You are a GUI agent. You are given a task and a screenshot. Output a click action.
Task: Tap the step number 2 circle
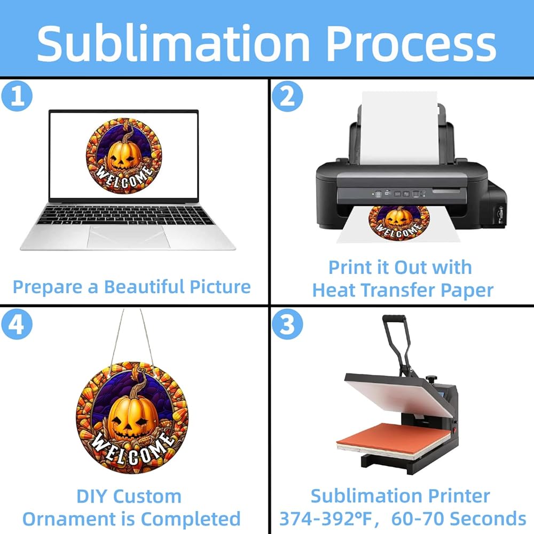click(287, 97)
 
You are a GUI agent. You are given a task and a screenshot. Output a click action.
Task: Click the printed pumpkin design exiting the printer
click(399, 219)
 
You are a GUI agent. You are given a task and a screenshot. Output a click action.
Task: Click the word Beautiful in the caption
click(146, 287)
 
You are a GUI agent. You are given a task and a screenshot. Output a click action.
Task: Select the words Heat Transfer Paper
click(403, 290)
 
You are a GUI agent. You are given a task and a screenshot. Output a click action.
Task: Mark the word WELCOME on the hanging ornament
click(132, 449)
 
